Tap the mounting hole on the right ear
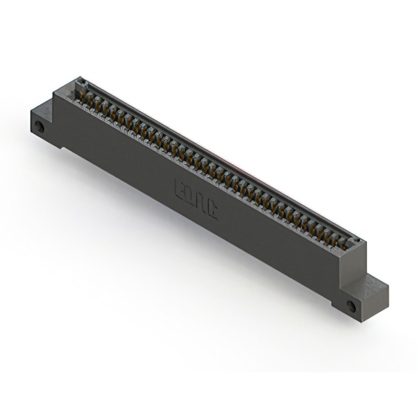tap(351, 306)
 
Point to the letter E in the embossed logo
tap(180, 190)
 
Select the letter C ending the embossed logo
tap(212, 210)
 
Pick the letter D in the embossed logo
tap(191, 197)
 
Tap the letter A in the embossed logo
tap(201, 203)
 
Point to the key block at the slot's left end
tap(82, 83)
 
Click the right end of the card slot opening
tap(353, 242)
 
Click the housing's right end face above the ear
tap(361, 261)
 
